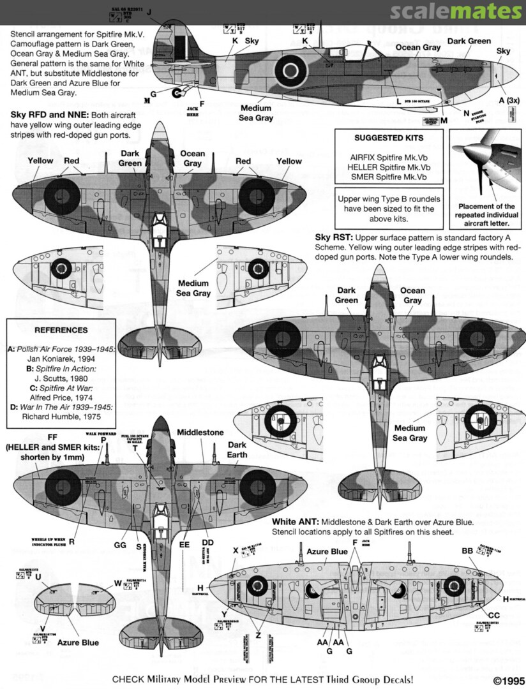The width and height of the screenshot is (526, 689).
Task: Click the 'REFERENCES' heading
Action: (x=61, y=330)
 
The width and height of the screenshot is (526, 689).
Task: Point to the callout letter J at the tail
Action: (x=149, y=12)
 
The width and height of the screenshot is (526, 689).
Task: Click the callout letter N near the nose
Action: (x=458, y=113)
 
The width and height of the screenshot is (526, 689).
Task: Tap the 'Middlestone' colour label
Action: (x=200, y=433)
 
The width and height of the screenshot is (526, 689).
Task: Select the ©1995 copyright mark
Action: (x=507, y=680)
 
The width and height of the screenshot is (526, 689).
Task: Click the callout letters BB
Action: (x=467, y=551)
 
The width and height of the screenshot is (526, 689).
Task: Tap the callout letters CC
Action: (x=493, y=615)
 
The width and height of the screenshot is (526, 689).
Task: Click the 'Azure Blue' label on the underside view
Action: (x=327, y=552)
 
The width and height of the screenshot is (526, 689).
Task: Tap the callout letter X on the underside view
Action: (x=236, y=550)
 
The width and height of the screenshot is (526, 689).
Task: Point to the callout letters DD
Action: (x=208, y=542)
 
